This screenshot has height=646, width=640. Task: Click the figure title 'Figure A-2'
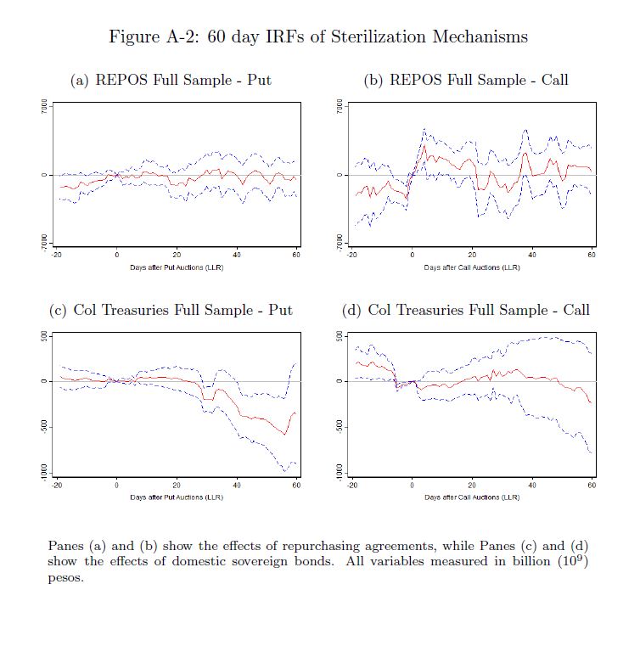(318, 37)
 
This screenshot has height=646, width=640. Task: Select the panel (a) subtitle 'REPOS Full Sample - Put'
(171, 81)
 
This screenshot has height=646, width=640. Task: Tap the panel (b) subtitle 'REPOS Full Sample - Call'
(466, 81)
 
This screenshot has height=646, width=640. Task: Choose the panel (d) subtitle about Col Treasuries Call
(466, 310)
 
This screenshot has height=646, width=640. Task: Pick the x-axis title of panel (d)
(472, 497)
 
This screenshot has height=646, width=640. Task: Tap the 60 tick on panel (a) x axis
(295, 255)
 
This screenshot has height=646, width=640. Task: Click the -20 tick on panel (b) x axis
(352, 255)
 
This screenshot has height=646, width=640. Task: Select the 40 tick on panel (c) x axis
(236, 484)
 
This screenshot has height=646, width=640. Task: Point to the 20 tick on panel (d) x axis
(472, 484)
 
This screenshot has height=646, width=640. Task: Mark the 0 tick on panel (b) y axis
(340, 175)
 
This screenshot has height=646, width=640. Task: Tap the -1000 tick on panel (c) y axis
(44, 472)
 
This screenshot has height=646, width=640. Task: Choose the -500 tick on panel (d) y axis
(340, 426)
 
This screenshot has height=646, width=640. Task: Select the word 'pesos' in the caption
(65, 578)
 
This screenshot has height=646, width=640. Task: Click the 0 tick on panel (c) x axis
(116, 484)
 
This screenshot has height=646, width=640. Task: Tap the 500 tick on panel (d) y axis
(340, 336)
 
